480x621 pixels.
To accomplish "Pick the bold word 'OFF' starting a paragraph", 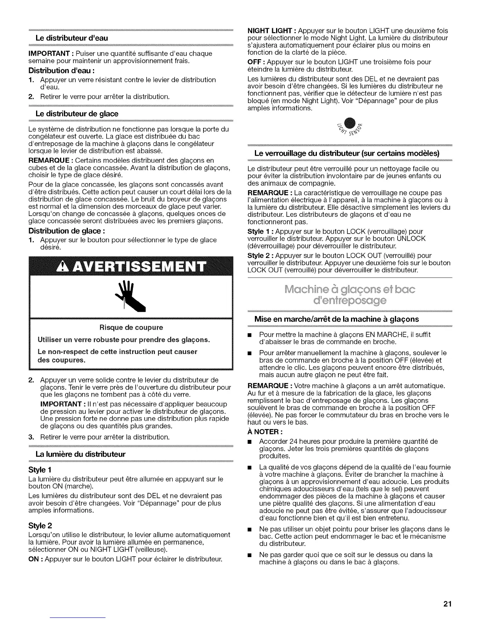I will pyautogui.click(x=254, y=62).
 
